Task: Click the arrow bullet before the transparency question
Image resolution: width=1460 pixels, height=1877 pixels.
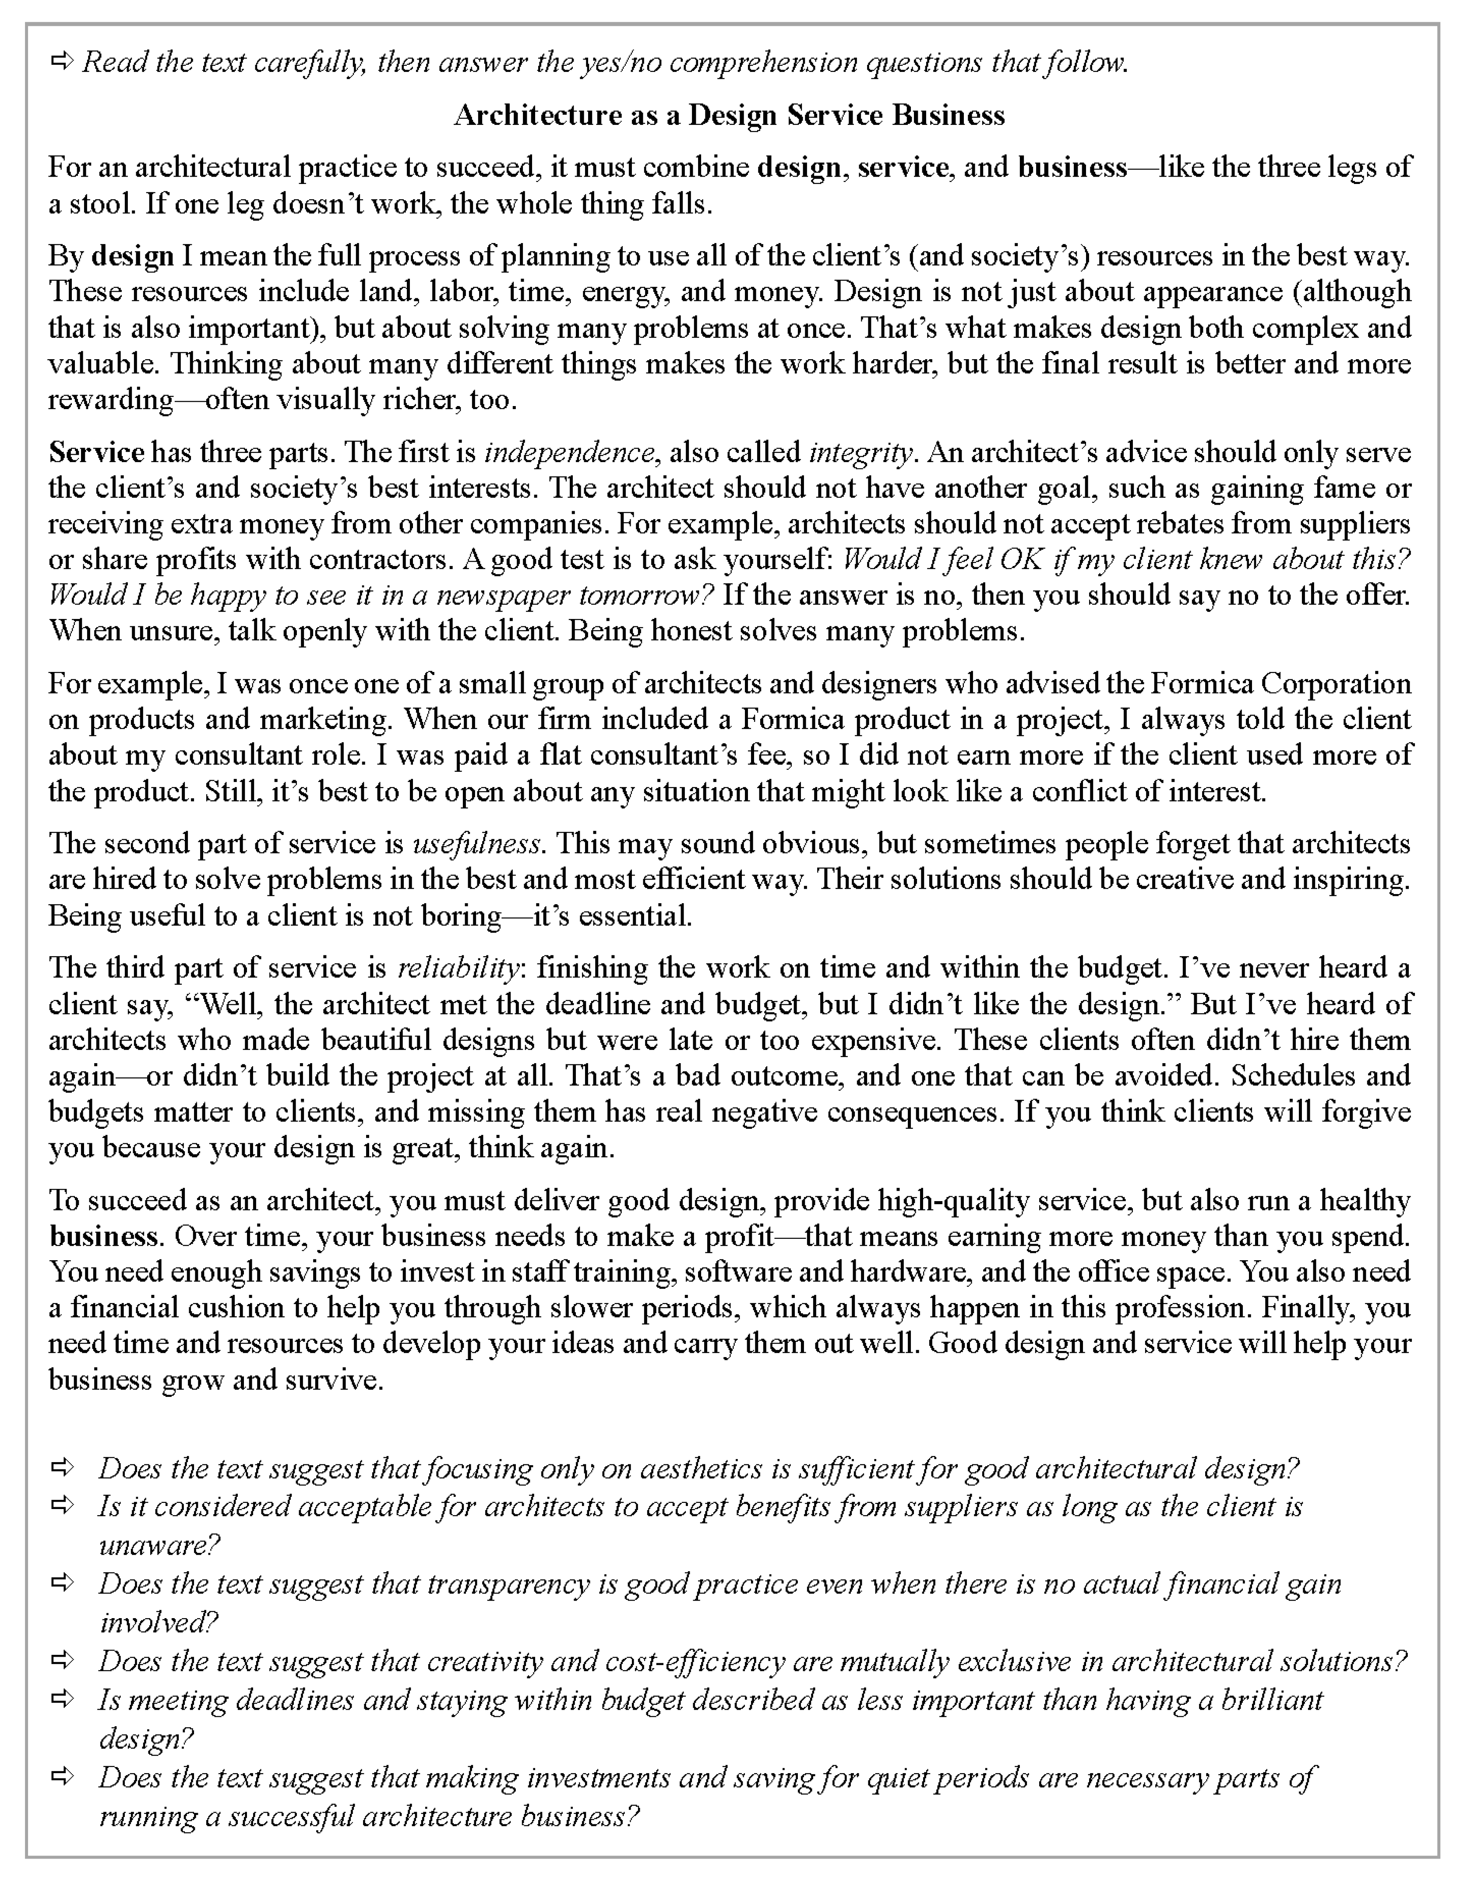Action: pos(62,1582)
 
